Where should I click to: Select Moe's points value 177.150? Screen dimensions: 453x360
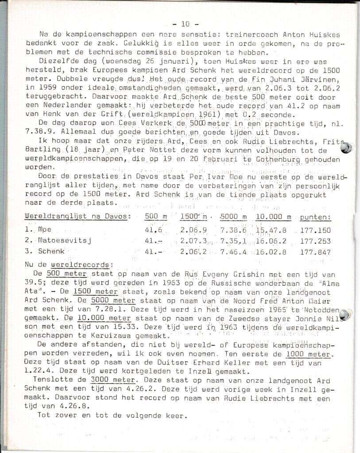(x=315, y=230)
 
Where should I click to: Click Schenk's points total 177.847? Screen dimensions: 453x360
(x=315, y=251)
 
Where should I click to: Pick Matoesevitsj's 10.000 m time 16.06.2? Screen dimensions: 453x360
(x=271, y=241)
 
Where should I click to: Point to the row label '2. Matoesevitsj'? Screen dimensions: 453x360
(x=52, y=241)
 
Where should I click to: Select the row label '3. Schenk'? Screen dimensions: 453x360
(x=45, y=251)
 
